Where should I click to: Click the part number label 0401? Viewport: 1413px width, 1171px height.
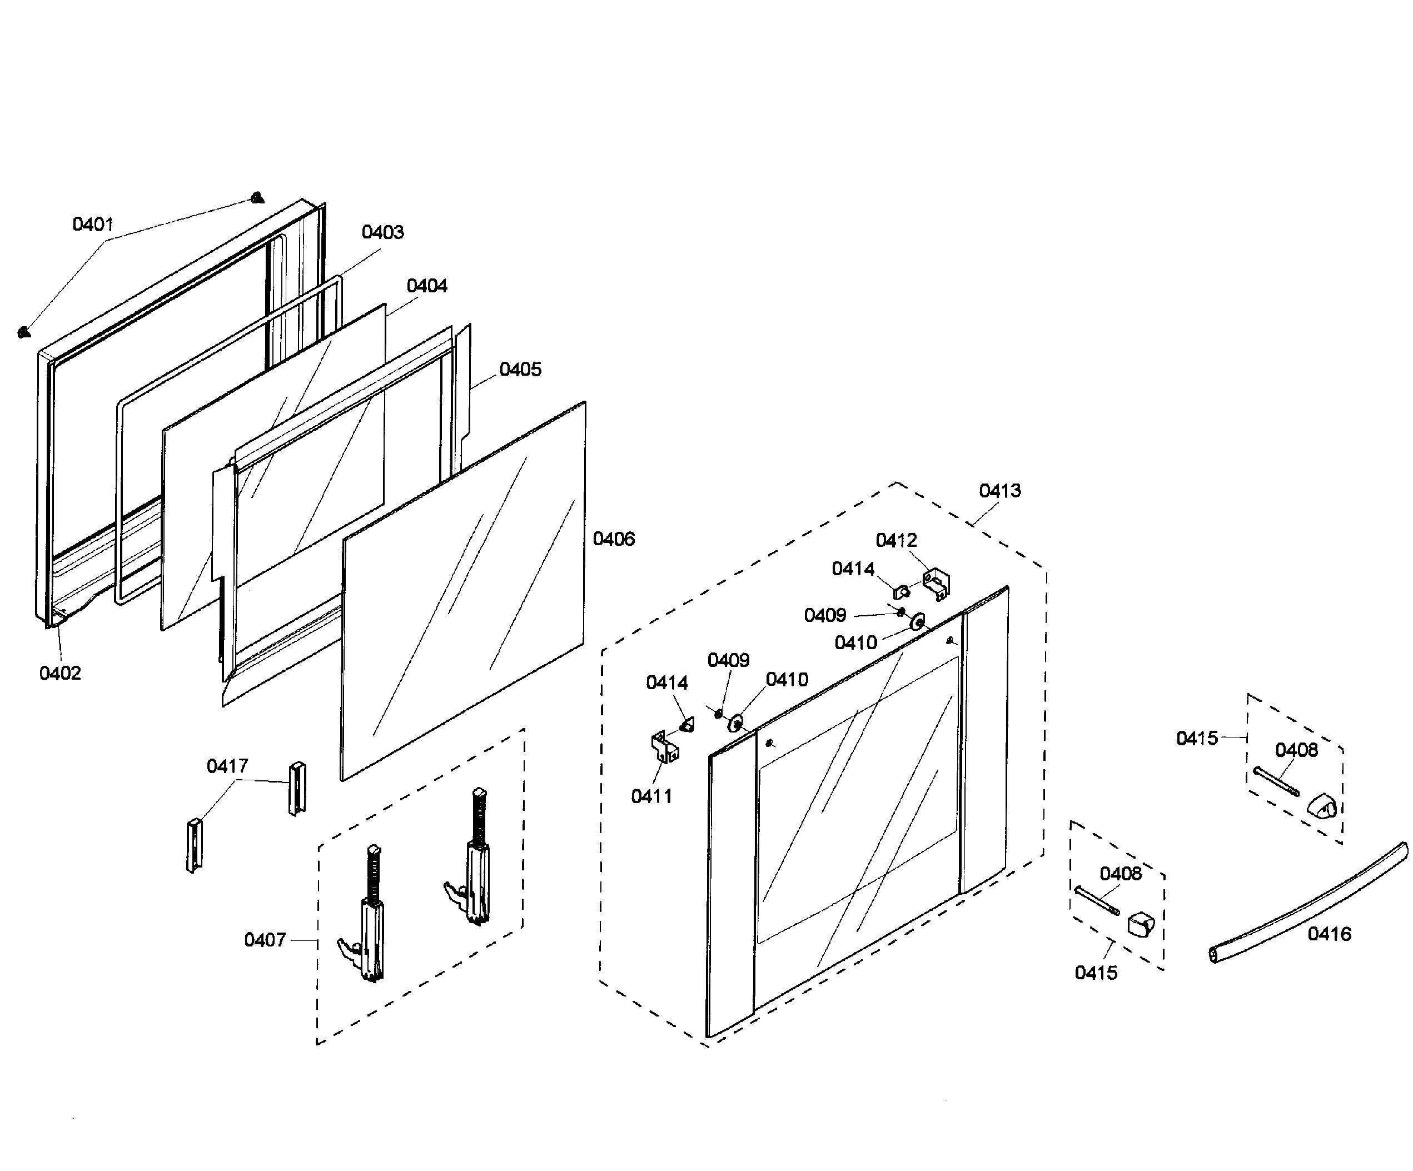tap(93, 224)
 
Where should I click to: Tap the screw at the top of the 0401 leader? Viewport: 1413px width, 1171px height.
tap(256, 198)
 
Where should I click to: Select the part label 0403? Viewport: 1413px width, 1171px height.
tap(382, 232)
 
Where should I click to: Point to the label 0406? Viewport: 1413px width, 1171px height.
tap(613, 539)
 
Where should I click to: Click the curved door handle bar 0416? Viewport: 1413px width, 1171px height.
tap(1305, 908)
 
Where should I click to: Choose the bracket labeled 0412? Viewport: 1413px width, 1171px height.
tap(936, 583)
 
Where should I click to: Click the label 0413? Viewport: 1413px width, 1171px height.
tap(999, 491)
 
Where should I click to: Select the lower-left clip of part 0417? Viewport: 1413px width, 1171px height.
tap(194, 844)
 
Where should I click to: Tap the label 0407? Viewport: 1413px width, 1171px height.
tap(265, 940)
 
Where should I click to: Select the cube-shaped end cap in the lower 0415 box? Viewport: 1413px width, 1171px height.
tap(1141, 925)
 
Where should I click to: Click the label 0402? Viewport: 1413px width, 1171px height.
tap(60, 673)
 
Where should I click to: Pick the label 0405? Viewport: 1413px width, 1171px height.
tap(520, 369)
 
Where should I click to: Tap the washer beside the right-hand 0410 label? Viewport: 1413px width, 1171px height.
tap(917, 621)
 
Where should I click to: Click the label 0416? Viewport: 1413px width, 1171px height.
tap(1329, 934)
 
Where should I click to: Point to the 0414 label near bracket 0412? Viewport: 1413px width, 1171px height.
tap(853, 569)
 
